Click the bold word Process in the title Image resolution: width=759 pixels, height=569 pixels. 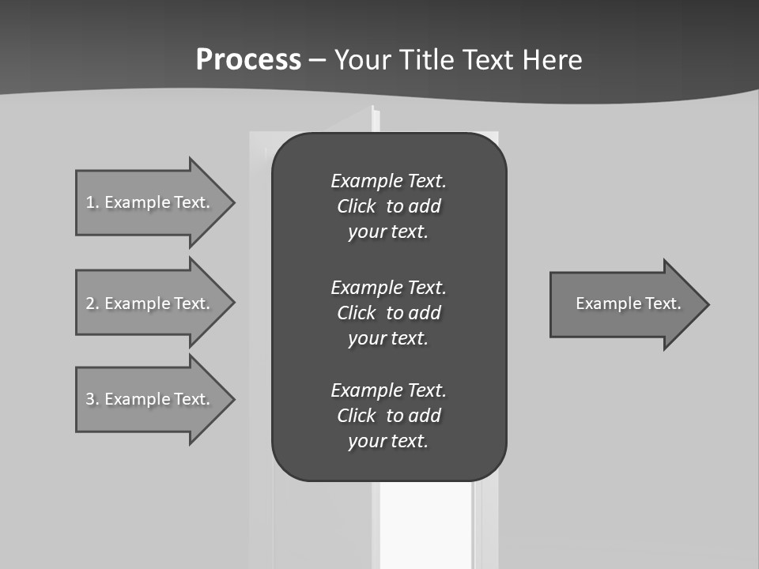coord(248,60)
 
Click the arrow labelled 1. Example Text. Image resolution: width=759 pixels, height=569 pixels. coord(150,202)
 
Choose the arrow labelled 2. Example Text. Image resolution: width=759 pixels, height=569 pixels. coord(150,303)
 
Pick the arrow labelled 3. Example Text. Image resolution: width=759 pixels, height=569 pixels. coord(150,399)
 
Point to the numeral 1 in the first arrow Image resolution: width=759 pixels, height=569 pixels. coord(90,202)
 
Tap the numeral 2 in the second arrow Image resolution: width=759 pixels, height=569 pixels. coord(90,303)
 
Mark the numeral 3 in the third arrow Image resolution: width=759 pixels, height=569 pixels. coord(90,399)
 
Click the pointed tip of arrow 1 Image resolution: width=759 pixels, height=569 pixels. coord(231,202)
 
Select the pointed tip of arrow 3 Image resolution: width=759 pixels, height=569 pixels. coord(231,399)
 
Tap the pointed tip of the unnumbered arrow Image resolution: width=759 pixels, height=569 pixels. coord(705,304)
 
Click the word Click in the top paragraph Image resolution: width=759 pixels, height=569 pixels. coord(356,206)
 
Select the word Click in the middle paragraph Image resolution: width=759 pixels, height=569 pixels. coord(356,313)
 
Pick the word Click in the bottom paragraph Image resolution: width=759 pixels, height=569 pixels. coord(356,416)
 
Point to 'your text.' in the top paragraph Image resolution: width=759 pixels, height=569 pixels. coord(387,232)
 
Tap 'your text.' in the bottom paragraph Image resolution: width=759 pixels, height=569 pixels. coord(387,442)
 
